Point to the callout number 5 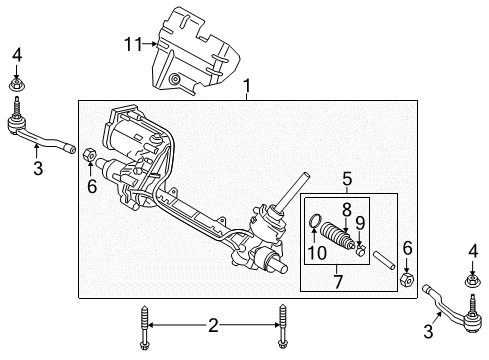347,179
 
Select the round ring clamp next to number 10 317,222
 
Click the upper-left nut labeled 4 18,78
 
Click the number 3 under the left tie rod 37,169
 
